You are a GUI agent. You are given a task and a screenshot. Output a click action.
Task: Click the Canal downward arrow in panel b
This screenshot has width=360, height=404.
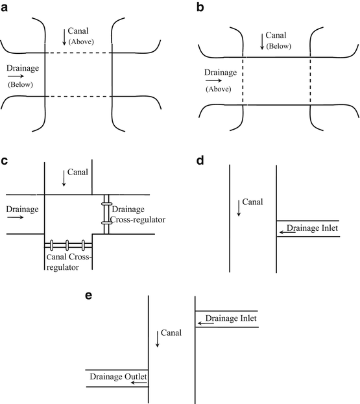tap(262, 42)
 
